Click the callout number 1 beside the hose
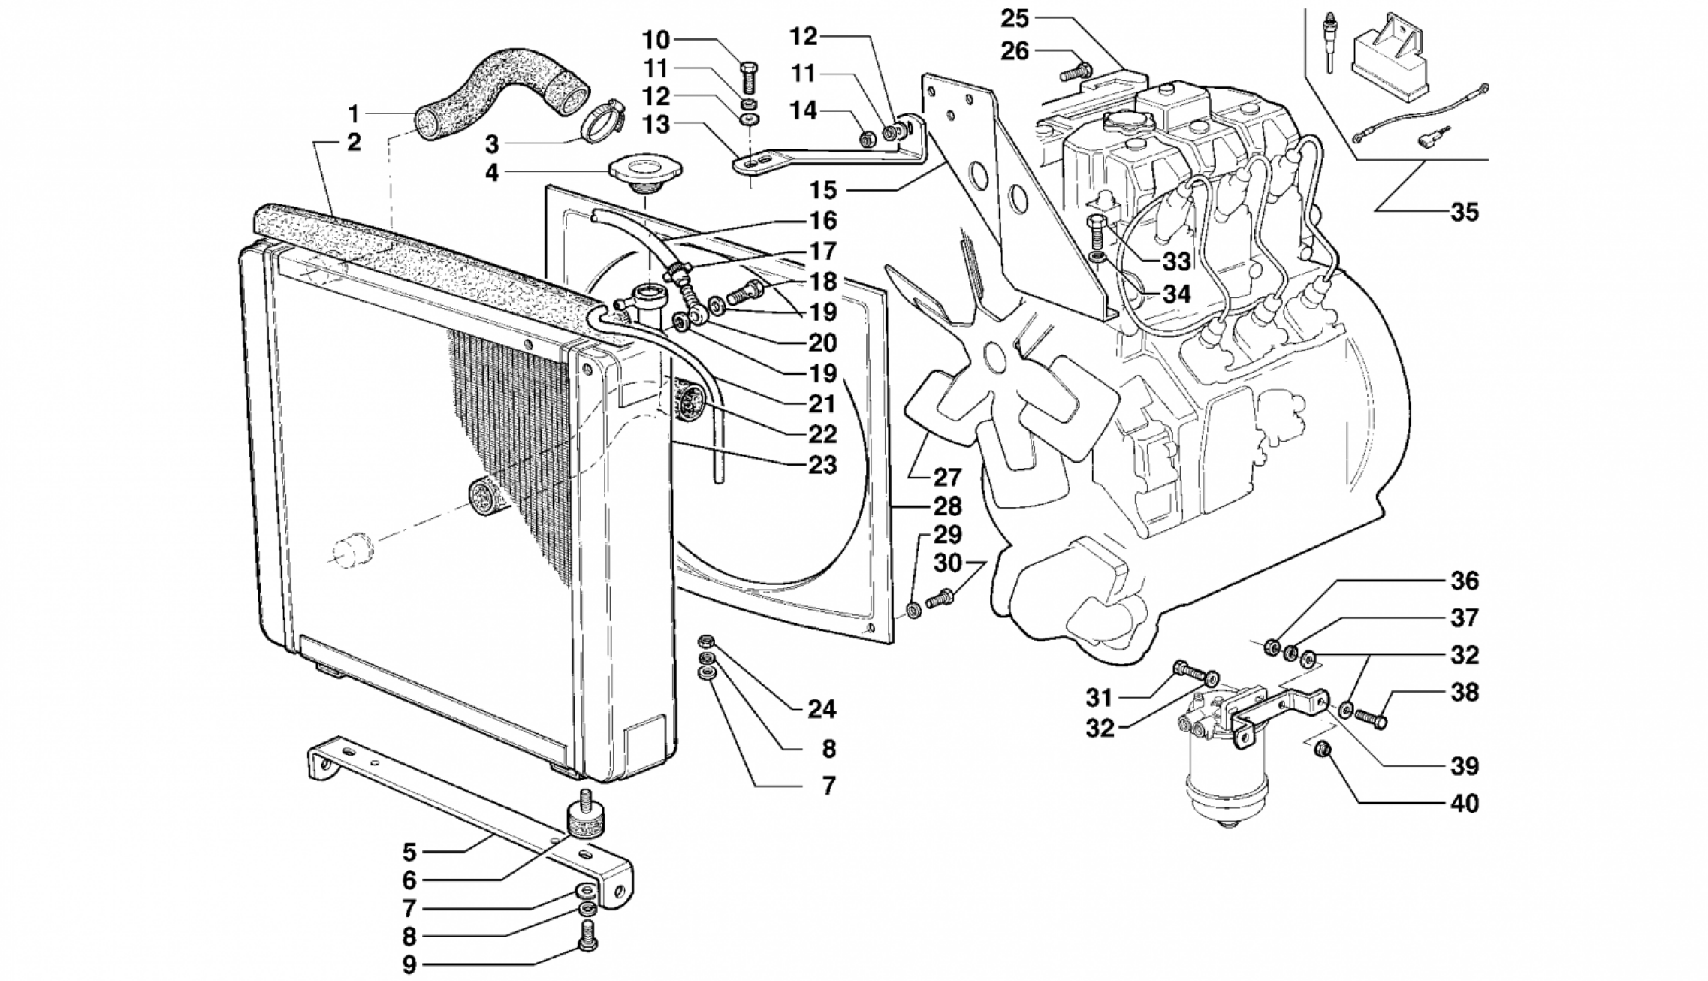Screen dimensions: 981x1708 (352, 114)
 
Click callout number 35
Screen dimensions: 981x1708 (1464, 213)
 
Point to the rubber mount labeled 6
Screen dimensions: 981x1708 (586, 821)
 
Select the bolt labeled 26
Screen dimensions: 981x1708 (1076, 72)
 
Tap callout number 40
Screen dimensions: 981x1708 (1464, 804)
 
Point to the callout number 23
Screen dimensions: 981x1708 (822, 466)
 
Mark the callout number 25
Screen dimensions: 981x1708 (1018, 17)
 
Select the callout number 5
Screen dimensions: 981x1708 (409, 852)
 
